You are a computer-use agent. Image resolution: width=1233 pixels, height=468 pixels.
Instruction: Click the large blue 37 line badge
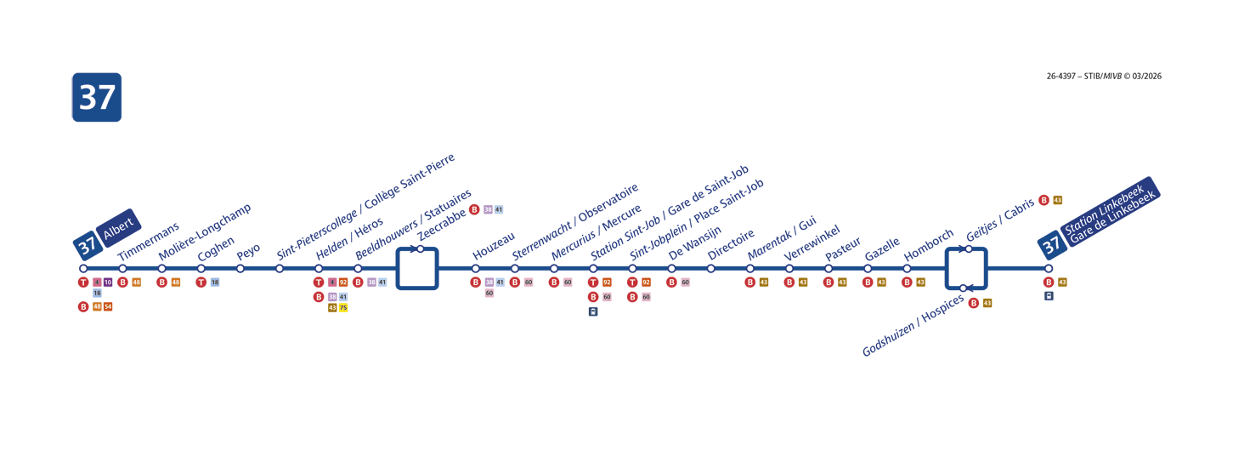click(x=97, y=97)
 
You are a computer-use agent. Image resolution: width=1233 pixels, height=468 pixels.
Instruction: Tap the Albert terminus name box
click(x=119, y=227)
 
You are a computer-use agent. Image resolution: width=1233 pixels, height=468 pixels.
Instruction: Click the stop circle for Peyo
click(x=240, y=269)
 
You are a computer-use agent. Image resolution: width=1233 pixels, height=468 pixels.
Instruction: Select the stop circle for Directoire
click(x=711, y=269)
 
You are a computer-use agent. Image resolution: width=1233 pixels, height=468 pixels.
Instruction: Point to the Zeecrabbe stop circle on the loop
click(x=421, y=249)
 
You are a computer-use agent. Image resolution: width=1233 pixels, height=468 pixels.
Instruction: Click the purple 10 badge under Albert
click(x=108, y=283)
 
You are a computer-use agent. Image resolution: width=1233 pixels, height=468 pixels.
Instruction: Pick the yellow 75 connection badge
click(x=343, y=308)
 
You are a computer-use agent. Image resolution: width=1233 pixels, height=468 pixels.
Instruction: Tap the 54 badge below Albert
click(x=108, y=306)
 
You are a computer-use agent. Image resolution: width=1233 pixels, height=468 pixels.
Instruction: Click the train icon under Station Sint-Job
click(x=593, y=311)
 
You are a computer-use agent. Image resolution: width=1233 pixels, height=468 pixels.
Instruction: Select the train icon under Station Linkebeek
click(x=1049, y=296)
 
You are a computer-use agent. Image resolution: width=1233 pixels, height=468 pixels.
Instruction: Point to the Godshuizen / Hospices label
click(x=913, y=326)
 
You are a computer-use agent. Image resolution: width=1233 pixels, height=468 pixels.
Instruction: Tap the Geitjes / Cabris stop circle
click(x=968, y=249)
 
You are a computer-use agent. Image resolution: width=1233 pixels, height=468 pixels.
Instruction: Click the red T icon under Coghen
click(x=201, y=283)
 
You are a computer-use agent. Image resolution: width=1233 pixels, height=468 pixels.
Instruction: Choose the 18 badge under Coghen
click(x=215, y=283)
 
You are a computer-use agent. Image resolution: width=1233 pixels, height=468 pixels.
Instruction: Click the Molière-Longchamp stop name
click(x=205, y=232)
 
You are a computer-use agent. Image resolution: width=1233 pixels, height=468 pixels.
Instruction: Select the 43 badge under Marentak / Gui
click(x=764, y=283)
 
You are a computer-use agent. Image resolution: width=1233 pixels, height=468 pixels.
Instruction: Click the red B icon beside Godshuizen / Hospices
click(x=974, y=303)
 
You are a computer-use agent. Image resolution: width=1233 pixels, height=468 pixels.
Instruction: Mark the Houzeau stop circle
click(x=476, y=269)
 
